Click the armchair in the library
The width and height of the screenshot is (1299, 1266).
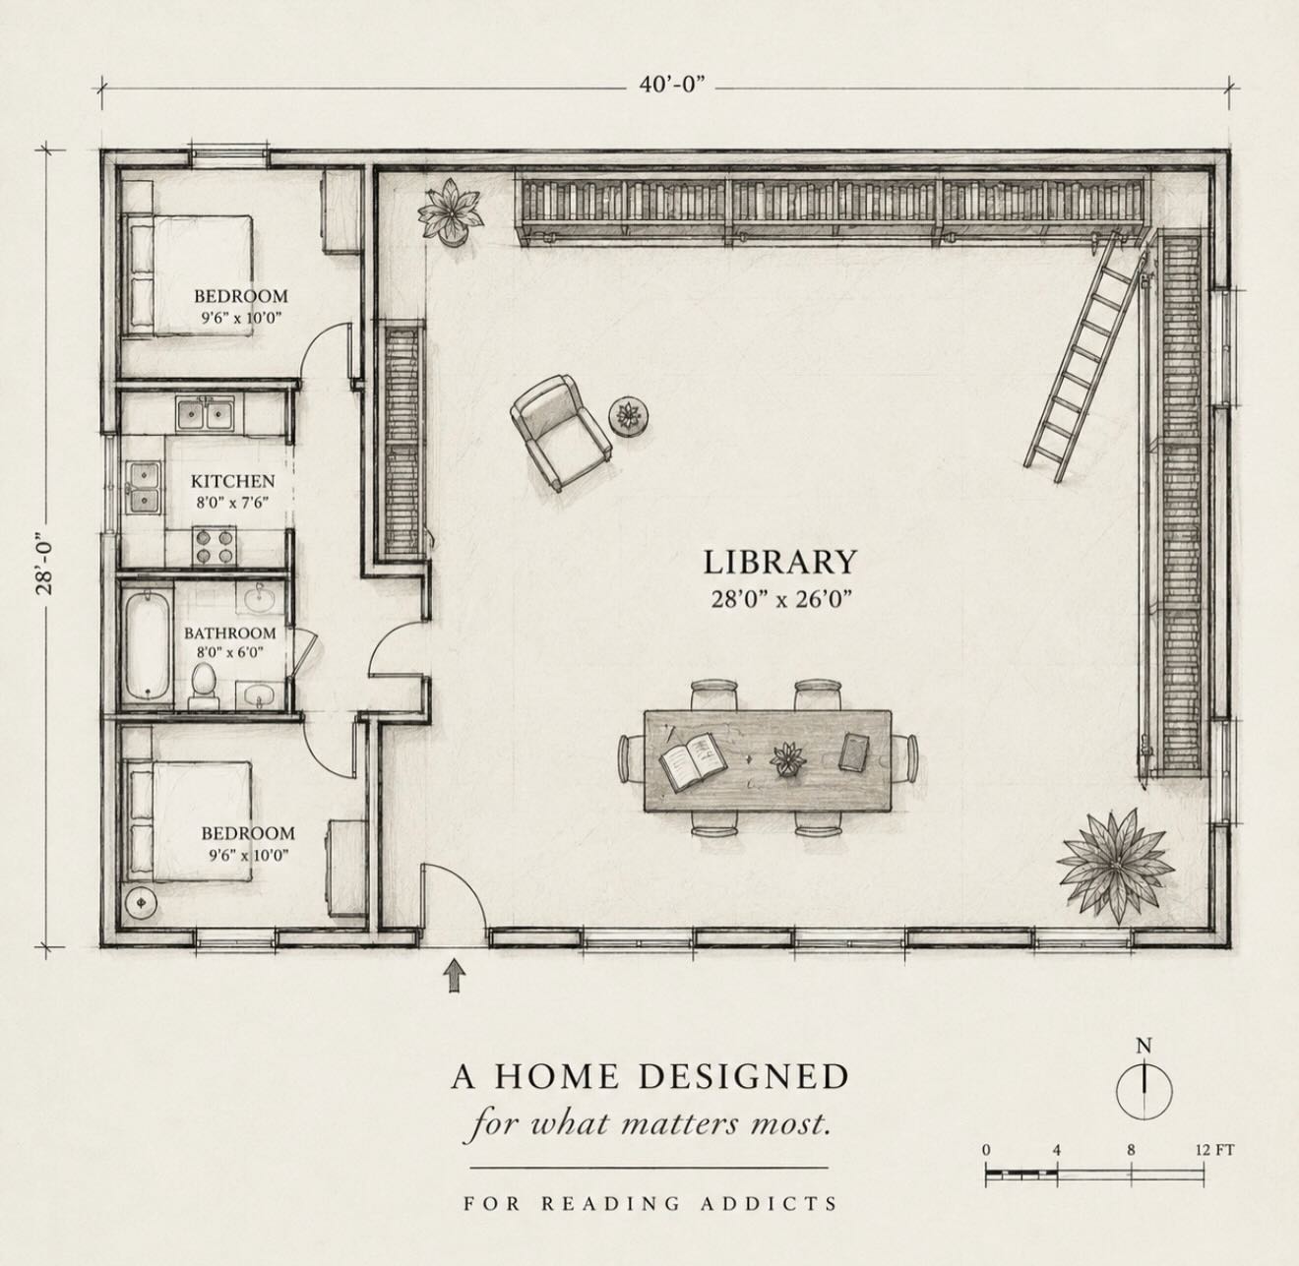tap(561, 432)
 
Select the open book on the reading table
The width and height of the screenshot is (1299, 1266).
tap(693, 762)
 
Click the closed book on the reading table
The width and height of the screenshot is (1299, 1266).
tap(854, 753)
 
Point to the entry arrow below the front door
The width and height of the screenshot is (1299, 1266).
tap(455, 976)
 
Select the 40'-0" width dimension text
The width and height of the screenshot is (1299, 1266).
tap(671, 86)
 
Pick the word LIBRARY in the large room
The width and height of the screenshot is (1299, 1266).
tap(779, 562)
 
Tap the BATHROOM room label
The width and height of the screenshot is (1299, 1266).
tap(229, 633)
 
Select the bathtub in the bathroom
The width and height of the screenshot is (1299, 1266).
tap(147, 643)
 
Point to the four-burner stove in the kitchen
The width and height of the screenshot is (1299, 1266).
tap(215, 546)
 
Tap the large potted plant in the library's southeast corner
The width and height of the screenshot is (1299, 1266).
tap(1116, 866)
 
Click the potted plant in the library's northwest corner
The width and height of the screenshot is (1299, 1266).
tap(450, 211)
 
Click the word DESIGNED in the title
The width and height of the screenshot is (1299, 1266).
tap(744, 1076)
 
